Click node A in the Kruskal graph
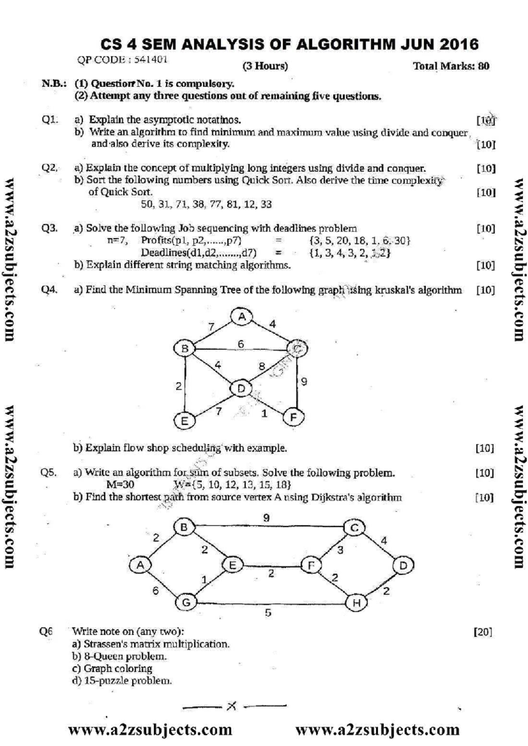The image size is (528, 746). [x=242, y=317]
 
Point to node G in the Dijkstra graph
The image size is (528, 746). [x=187, y=602]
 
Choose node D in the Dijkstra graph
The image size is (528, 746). [x=403, y=565]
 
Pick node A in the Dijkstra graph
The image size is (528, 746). [x=140, y=565]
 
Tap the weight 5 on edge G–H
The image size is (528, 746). [x=268, y=613]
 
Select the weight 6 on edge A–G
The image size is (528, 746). [x=155, y=591]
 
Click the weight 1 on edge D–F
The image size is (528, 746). [x=264, y=413]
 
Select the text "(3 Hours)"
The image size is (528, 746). [x=265, y=66]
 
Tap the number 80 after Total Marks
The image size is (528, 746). [x=483, y=66]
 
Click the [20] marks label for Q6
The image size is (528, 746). [x=483, y=632]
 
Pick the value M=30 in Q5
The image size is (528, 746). [x=121, y=485]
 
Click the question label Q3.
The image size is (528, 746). [x=49, y=228]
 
